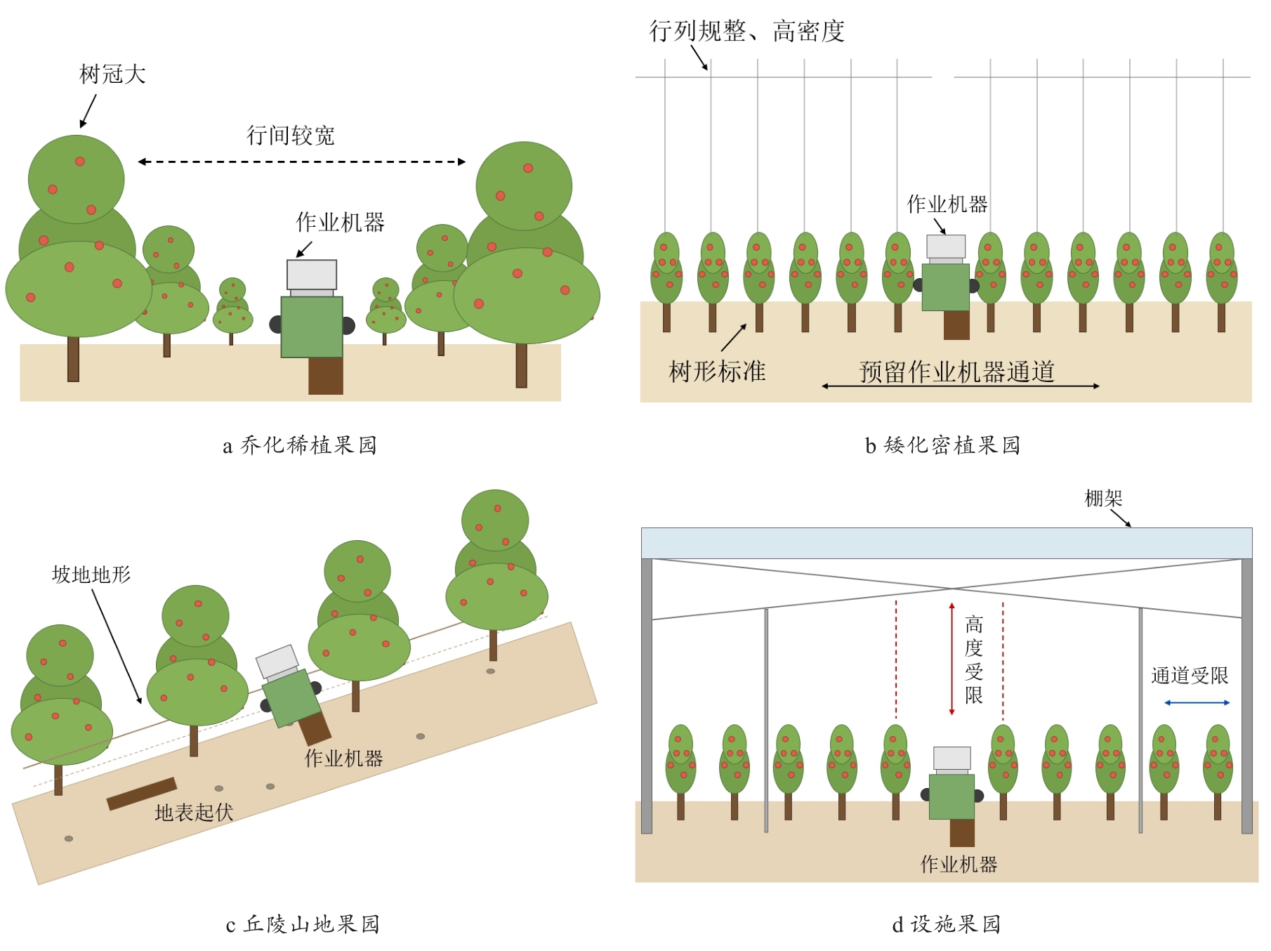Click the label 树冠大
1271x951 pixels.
point(112,74)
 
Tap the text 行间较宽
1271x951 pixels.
point(290,136)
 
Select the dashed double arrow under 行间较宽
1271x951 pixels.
point(302,162)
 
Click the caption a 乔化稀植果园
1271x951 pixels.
point(300,445)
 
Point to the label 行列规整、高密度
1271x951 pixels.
point(746,31)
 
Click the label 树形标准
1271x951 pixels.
point(717,371)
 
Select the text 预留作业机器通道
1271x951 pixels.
point(957,372)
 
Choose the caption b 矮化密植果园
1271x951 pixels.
point(942,445)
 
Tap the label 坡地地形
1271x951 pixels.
point(91,575)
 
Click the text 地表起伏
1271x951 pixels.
point(194,813)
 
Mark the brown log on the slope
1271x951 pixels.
point(142,794)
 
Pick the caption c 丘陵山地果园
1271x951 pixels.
point(303,924)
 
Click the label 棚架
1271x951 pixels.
point(1104,498)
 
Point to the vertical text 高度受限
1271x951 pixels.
point(974,659)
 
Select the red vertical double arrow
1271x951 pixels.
point(952,659)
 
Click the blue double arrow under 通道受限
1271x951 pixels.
point(1197,702)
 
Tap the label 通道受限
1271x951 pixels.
point(1190,676)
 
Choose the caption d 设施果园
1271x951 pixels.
point(946,924)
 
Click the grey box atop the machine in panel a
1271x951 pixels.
point(312,275)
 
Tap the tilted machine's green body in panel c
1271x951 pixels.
point(291,698)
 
